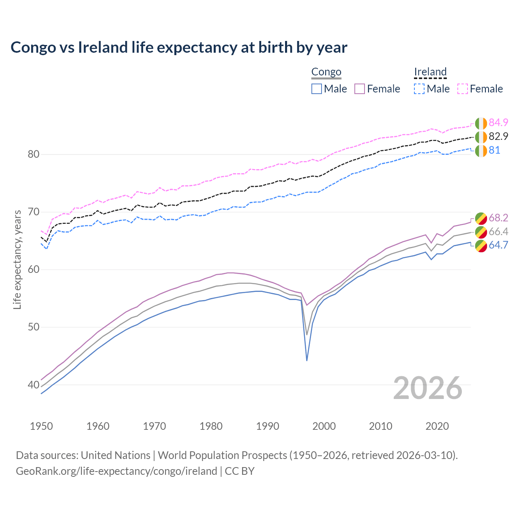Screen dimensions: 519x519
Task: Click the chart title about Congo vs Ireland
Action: tap(179, 47)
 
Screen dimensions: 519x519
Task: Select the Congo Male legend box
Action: tap(317, 89)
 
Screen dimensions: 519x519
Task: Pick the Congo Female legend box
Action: tap(360, 89)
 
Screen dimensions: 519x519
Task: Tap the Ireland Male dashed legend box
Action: tap(419, 89)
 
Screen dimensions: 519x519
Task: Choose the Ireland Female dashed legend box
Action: tap(463, 89)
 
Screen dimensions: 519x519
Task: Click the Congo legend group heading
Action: tap(326, 72)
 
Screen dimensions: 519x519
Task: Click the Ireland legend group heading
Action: tap(430, 72)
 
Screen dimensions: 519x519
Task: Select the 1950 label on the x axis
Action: tap(41, 426)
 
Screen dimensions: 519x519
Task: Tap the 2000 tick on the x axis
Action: tap(324, 426)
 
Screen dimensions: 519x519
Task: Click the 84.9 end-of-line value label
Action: tap(498, 122)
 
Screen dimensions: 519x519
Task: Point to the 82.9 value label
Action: tap(498, 136)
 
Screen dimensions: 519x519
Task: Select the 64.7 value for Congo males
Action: tap(498, 245)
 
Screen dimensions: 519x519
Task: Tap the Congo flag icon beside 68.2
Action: tap(481, 218)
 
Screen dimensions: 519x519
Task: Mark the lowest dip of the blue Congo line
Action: tap(307, 360)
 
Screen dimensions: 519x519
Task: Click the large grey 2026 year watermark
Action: tap(428, 388)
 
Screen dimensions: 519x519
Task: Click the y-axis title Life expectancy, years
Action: tap(17, 259)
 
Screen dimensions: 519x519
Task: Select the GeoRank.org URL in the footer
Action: tap(116, 471)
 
